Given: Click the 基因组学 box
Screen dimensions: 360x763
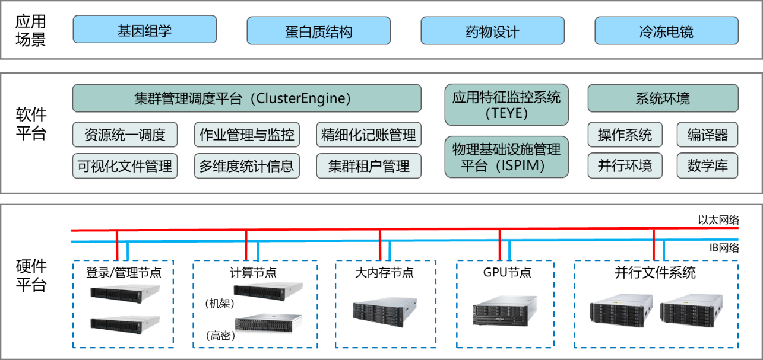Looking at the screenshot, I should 144,30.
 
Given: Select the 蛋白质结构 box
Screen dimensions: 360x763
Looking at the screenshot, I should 318,31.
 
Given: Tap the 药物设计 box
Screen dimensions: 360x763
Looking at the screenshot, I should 492,31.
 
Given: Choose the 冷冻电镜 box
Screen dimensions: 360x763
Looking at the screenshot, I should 666,31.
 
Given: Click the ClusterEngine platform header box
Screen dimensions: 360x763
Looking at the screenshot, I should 246,98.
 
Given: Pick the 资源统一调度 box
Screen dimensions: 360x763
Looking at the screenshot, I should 125,135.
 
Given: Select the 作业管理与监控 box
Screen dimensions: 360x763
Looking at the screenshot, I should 246,135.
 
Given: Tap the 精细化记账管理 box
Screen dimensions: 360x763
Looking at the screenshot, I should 368,135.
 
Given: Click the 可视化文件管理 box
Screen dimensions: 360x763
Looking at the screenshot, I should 125,166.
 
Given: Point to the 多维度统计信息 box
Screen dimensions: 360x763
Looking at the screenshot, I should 246,166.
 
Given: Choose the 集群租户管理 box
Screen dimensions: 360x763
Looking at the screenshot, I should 368,166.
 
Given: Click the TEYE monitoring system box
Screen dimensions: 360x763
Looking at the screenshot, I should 506,105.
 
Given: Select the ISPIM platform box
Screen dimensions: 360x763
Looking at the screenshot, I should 506,157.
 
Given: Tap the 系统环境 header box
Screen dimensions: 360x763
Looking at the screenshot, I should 663,98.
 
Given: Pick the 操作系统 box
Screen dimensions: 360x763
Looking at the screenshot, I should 625,135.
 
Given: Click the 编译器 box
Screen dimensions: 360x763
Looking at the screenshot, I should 707,135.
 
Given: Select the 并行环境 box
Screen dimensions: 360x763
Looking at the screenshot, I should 625,166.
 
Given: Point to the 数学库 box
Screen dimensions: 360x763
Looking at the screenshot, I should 707,166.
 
